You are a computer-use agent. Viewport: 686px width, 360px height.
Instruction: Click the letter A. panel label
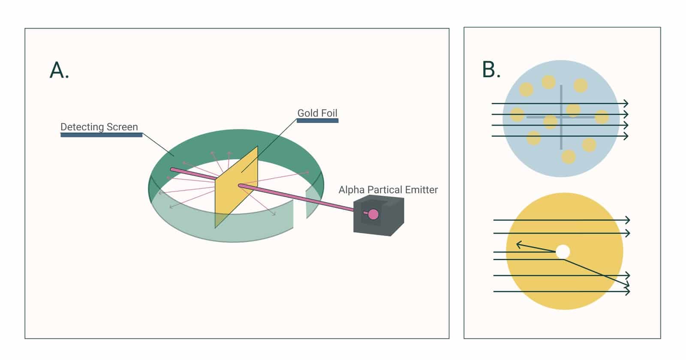coord(59,70)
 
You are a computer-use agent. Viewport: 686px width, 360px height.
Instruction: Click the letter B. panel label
coord(491,70)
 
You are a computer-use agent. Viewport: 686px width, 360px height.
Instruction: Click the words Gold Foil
coord(317,113)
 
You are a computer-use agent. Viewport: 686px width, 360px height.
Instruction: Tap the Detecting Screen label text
coord(99,127)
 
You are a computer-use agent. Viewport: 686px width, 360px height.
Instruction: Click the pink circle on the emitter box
coord(373,214)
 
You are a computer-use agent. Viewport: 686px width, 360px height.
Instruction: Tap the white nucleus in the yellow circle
coord(563,252)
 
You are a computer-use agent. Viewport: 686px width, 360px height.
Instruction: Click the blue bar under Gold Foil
coord(317,121)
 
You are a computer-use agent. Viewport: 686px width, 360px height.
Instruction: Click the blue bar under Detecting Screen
coord(101,135)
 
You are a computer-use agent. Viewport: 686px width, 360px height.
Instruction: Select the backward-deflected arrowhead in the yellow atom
coord(519,245)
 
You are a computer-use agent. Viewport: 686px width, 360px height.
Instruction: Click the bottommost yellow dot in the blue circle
coord(568,157)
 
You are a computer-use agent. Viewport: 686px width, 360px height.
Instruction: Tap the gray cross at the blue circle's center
coord(561,117)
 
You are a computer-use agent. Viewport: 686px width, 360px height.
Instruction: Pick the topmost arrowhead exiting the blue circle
coord(626,103)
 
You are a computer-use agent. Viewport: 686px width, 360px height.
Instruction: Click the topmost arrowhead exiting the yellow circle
coord(628,220)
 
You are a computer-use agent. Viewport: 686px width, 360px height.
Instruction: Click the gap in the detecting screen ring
coord(300,211)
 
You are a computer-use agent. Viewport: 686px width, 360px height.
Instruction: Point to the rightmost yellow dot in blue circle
coord(602,117)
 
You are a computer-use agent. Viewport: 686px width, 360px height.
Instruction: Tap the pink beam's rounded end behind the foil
coord(172,169)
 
